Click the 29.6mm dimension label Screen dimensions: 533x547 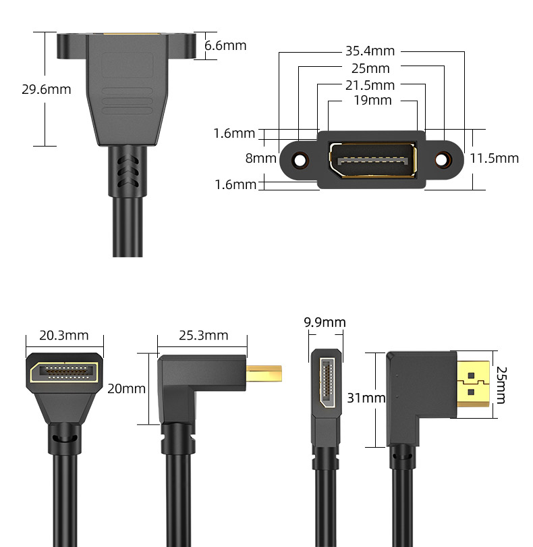(x=47, y=89)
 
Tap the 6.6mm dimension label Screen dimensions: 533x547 (x=225, y=45)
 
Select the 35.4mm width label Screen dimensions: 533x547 (x=370, y=51)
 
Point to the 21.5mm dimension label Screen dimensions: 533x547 (x=370, y=85)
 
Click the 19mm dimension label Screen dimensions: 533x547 (x=372, y=101)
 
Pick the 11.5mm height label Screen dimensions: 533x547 (x=495, y=159)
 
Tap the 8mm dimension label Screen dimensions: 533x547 (x=260, y=158)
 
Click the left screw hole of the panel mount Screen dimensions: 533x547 (x=300, y=160)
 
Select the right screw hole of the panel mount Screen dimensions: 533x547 (x=442, y=160)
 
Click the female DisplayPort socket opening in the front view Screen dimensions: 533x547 (x=372, y=160)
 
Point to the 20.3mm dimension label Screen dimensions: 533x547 (x=64, y=336)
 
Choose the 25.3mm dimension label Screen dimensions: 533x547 (x=204, y=336)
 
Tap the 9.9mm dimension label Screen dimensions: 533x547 (x=325, y=322)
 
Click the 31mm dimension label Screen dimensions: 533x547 (x=366, y=398)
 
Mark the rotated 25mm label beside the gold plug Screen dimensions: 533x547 (x=501, y=385)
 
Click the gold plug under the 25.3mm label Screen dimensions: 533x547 (x=264, y=373)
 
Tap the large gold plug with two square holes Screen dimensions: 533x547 (x=474, y=384)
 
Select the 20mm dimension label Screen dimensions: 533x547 (x=126, y=388)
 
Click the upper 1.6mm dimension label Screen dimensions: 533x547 (x=234, y=133)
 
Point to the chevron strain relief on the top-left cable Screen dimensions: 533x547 (x=128, y=172)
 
